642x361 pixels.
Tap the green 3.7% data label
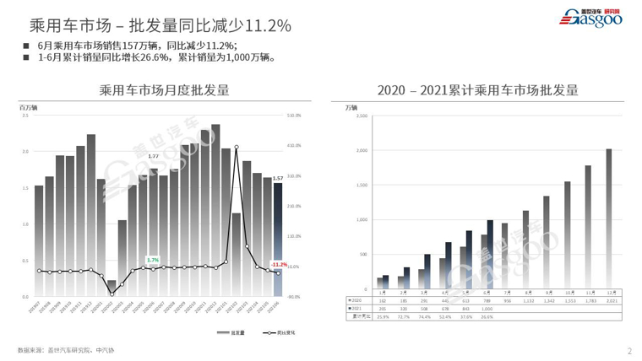[x=153, y=259]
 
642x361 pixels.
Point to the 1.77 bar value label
[x=153, y=157]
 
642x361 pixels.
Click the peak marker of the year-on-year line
[x=237, y=147]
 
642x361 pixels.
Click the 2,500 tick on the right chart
[x=361, y=116]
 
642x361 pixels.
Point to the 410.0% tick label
[x=295, y=146]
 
